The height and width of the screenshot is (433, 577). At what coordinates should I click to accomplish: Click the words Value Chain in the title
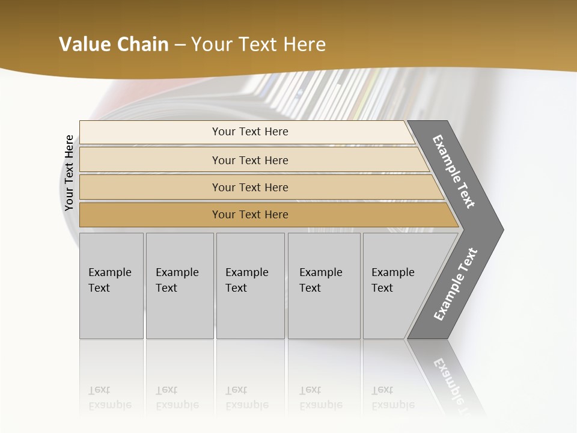click(114, 44)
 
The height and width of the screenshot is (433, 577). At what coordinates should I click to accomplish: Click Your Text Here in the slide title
click(258, 44)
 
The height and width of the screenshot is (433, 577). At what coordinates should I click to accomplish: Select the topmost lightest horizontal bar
click(250, 132)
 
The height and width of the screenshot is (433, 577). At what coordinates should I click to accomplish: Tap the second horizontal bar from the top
click(250, 160)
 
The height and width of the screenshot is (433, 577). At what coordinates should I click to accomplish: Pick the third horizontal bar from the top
click(250, 187)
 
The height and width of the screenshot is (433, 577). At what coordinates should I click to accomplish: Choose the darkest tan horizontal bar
click(250, 215)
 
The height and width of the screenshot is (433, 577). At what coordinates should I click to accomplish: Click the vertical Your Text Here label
click(69, 173)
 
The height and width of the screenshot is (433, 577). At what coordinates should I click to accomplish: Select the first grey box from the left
click(111, 286)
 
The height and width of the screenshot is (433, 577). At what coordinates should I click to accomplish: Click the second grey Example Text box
click(179, 286)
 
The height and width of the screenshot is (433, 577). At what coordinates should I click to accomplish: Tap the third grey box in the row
click(249, 286)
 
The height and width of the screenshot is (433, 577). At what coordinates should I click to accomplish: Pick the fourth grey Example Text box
click(323, 286)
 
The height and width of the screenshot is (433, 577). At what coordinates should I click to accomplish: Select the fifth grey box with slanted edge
click(397, 286)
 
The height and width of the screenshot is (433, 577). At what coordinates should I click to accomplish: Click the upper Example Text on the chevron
click(454, 171)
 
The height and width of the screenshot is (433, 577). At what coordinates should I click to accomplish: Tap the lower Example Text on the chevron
click(455, 284)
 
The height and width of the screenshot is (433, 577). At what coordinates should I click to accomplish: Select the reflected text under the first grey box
click(109, 398)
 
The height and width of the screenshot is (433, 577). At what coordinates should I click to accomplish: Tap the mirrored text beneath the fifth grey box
click(392, 398)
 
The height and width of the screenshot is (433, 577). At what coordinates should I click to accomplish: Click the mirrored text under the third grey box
click(246, 398)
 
